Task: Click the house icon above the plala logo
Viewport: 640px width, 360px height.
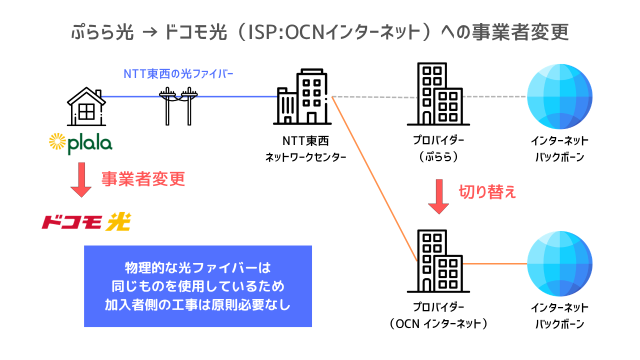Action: click(86, 105)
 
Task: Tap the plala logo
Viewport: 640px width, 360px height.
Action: click(80, 143)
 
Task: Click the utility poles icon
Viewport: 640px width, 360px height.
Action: click(177, 105)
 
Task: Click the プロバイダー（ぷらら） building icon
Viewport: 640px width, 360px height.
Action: click(438, 94)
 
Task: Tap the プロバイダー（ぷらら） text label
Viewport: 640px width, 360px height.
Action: click(438, 149)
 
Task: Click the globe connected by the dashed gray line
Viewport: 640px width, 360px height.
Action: click(559, 96)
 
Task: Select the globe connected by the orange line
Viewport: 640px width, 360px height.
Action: click(559, 263)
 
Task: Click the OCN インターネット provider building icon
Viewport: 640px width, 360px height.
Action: click(438, 261)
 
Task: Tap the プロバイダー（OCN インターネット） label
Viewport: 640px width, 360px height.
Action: click(438, 315)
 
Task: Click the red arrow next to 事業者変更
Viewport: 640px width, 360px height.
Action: click(81, 180)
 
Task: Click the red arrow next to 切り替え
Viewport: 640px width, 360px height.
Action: click(438, 197)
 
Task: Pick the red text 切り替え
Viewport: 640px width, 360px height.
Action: click(487, 192)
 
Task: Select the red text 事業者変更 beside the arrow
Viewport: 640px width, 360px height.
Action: click(143, 178)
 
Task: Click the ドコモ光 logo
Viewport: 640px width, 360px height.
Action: click(86, 222)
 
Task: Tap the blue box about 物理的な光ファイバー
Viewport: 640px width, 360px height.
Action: click(197, 286)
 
